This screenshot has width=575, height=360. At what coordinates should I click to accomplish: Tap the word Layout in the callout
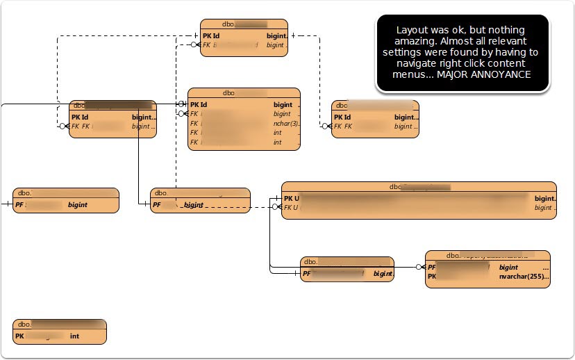(411, 30)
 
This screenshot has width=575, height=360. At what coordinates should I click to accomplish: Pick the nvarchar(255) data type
(522, 276)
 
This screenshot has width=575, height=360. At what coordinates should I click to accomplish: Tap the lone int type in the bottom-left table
(74, 336)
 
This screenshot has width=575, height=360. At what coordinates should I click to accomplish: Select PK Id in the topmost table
(211, 35)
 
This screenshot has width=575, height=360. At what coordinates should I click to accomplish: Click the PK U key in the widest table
(291, 198)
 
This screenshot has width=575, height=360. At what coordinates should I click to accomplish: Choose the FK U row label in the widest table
(291, 207)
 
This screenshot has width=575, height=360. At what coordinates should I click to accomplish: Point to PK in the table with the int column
(19, 336)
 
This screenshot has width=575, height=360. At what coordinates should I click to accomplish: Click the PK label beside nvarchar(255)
(432, 276)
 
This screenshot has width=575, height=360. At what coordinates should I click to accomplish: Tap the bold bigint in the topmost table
(275, 35)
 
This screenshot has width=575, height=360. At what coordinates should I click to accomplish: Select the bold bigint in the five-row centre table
(283, 105)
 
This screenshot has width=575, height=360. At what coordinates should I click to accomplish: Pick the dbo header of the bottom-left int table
(24, 324)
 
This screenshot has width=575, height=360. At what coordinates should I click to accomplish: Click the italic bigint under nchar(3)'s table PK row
(282, 114)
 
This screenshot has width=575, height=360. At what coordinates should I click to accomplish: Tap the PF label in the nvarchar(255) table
(432, 267)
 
